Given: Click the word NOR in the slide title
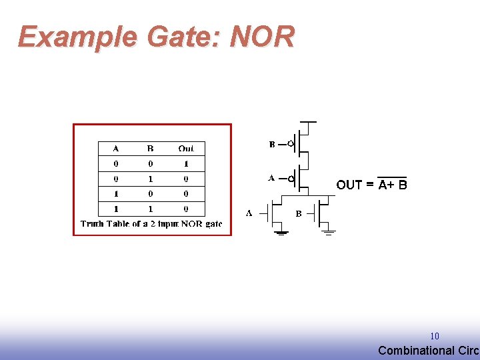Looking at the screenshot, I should point(262,37).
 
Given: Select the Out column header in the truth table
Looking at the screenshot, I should point(186,149).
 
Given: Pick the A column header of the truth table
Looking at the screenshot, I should point(116,149).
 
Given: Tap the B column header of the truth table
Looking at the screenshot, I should point(150,149).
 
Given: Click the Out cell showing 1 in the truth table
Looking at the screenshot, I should point(186,164).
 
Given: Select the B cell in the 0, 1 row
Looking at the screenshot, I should point(150,179).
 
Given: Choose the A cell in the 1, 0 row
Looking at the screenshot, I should point(116,194).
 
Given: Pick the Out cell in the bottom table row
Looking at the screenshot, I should point(186,209).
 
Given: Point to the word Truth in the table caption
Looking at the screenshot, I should point(92,224).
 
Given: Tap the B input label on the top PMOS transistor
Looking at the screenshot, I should point(272,144).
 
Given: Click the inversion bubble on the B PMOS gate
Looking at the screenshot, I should point(291,144).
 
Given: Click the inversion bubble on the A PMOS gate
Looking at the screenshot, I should point(291,179).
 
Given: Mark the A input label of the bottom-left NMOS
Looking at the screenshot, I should point(249,213).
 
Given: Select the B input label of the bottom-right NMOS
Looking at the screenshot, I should point(299,214).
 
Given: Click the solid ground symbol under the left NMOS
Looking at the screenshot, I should point(281,233).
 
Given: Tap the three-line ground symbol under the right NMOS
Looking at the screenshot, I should point(328,233).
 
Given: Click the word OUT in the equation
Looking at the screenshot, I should point(349,185).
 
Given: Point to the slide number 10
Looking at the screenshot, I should point(435,337).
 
